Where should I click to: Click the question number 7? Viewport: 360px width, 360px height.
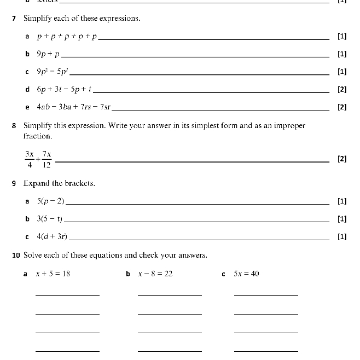pyautogui.click(x=14, y=19)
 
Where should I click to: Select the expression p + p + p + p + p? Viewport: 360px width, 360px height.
pyautogui.click(x=67, y=37)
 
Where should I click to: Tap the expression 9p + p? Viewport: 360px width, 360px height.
pyautogui.click(x=49, y=54)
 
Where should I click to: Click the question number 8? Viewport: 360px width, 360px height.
pyautogui.click(x=14, y=126)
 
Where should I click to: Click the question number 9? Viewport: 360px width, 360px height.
pyautogui.click(x=14, y=183)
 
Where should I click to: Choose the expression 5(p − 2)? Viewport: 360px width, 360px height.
pyautogui.click(x=50, y=201)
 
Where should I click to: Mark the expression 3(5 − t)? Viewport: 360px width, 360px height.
pyautogui.click(x=49, y=219)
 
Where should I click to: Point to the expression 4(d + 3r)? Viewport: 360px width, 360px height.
pyautogui.click(x=52, y=236)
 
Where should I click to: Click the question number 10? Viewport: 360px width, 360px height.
pyautogui.click(x=16, y=255)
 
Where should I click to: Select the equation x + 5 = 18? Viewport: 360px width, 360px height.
pyautogui.click(x=53, y=274)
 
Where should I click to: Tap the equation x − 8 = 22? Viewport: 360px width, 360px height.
pyautogui.click(x=155, y=274)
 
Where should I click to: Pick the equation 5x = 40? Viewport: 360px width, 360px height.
pyautogui.click(x=246, y=274)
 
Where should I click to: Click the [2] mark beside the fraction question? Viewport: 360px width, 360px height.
pyautogui.click(x=342, y=159)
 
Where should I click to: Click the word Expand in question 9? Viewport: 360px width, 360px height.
pyautogui.click(x=36, y=183)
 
